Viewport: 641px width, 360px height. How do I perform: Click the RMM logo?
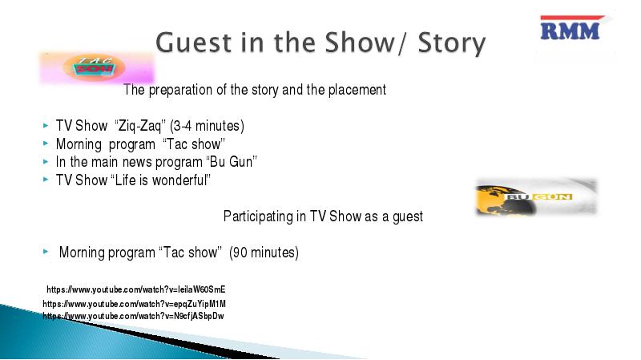(x=570, y=29)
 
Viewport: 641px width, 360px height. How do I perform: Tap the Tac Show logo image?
(x=96, y=68)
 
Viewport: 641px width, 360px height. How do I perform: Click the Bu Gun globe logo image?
(x=536, y=196)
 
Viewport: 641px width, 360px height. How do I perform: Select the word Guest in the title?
(x=195, y=42)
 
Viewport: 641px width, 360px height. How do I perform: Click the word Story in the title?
(x=452, y=43)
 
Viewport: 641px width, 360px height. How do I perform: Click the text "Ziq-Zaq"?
(x=139, y=126)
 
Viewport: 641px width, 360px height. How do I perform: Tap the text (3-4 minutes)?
(x=207, y=126)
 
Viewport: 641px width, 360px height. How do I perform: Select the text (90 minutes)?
(x=264, y=253)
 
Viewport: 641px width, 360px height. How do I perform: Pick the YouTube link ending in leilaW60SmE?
(x=135, y=289)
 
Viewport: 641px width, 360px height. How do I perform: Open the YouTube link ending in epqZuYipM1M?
(x=134, y=304)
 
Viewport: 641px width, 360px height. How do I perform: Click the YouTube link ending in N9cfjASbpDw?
(x=133, y=316)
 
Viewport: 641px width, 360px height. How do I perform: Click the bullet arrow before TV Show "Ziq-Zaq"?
(x=46, y=126)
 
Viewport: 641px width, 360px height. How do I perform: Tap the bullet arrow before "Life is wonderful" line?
(x=46, y=179)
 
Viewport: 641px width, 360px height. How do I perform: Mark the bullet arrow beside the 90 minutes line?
(x=46, y=251)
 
